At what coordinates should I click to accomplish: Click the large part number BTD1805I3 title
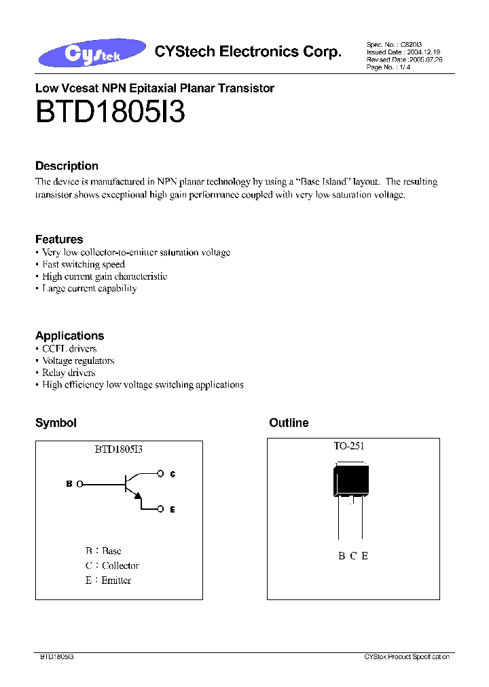(109, 112)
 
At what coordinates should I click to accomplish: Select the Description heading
(67, 166)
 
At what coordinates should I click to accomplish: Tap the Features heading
(59, 239)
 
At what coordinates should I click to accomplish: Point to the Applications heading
(69, 335)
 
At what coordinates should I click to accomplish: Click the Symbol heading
(56, 423)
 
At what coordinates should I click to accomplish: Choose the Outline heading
(289, 423)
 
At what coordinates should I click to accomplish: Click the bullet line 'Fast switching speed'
(83, 264)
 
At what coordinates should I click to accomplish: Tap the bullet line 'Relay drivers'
(68, 373)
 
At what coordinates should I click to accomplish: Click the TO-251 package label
(348, 446)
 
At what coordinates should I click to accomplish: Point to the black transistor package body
(350, 480)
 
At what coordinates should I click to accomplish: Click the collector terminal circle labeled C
(160, 473)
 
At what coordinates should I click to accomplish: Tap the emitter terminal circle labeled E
(160, 508)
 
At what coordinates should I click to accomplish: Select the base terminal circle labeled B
(79, 484)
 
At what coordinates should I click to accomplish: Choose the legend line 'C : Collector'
(112, 565)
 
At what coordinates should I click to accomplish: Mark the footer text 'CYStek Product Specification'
(406, 657)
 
